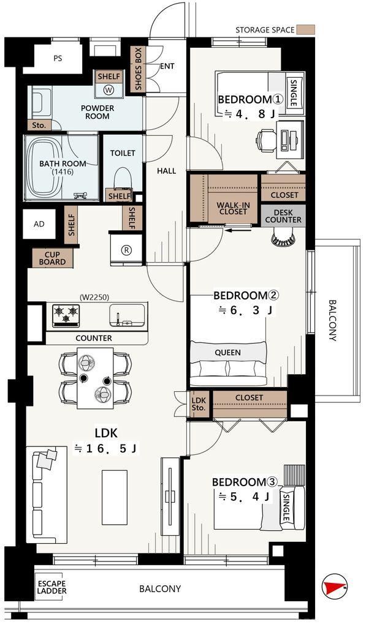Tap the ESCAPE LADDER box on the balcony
(52, 587)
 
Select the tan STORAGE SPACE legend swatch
(306, 29)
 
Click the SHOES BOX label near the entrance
(138, 68)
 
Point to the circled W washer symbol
(108, 90)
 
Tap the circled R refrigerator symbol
(126, 250)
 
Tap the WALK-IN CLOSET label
(234, 208)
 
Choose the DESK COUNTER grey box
(283, 216)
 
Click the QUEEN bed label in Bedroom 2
(228, 353)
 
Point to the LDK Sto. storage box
(199, 404)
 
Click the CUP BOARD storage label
(53, 258)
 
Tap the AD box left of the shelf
(39, 224)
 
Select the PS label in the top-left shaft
(58, 58)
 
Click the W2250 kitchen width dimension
(94, 297)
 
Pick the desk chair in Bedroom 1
(266, 140)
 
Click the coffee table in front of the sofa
(115, 497)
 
